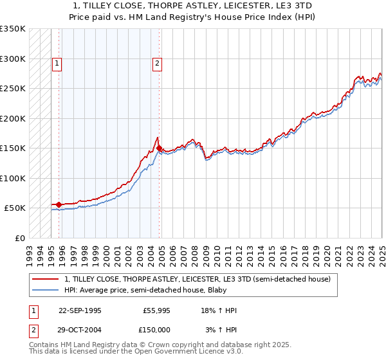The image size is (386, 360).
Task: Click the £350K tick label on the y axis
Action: [13, 29]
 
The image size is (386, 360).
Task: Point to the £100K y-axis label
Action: [13, 178]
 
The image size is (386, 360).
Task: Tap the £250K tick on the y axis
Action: [13, 89]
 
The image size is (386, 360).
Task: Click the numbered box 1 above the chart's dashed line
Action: [58, 63]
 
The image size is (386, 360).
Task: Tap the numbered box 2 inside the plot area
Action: [157, 63]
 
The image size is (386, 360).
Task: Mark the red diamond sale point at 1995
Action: [59, 204]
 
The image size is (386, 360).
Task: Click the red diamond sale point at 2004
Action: [160, 148]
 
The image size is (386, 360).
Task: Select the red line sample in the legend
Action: [46, 279]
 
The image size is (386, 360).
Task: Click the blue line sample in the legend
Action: [46, 290]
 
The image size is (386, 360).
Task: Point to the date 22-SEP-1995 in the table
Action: [80, 310]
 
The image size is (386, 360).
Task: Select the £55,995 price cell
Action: [155, 310]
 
